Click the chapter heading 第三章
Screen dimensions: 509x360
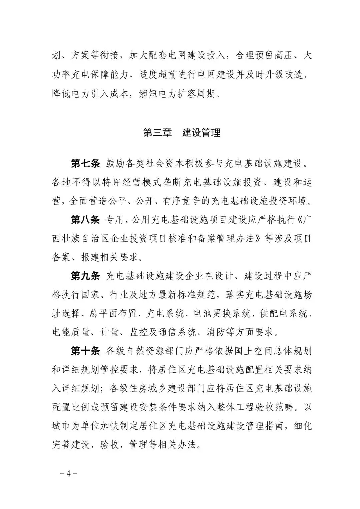157,133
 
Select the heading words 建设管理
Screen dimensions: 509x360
201,133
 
